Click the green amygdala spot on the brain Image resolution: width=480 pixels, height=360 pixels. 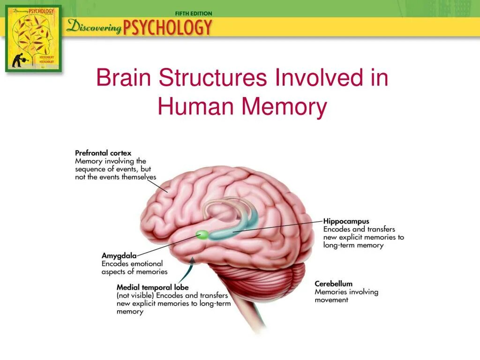coord(202,234)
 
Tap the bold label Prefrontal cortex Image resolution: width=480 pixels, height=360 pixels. coord(103,153)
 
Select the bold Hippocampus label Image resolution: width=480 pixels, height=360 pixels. coord(346,221)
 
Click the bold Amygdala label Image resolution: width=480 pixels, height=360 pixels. coord(119,256)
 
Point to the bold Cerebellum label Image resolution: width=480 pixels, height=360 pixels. coord(333,284)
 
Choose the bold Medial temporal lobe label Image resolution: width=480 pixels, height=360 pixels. coord(153,287)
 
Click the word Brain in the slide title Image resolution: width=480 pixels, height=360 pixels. coord(122,78)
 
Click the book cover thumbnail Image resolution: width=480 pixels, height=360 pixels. coord(33,38)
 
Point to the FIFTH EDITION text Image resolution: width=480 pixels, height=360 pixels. coord(193,14)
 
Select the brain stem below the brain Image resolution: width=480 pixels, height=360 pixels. coord(248,314)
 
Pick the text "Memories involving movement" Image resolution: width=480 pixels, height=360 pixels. coord(346,296)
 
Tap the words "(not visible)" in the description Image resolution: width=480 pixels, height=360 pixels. coord(135,296)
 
